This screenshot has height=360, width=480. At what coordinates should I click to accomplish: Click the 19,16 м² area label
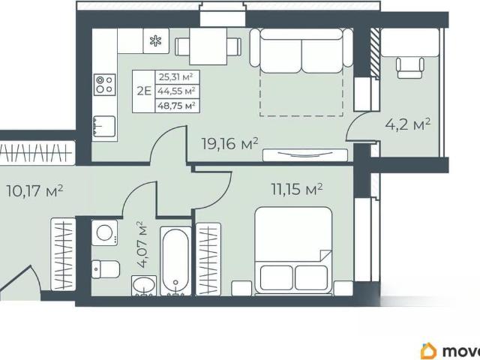(x=230, y=143)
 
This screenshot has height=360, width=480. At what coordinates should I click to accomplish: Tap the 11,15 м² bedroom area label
(x=297, y=189)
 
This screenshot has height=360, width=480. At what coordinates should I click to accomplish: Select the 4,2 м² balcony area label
(x=408, y=124)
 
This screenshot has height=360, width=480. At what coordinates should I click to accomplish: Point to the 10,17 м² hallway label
(x=34, y=191)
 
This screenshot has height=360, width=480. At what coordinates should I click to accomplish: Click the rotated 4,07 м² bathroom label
(x=143, y=245)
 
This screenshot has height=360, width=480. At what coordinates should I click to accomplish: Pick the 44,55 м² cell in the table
(x=177, y=91)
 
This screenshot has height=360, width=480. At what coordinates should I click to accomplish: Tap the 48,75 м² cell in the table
(x=177, y=106)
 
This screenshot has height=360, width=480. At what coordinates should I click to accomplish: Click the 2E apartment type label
(x=144, y=91)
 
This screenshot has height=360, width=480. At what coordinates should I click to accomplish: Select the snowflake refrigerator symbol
(x=155, y=41)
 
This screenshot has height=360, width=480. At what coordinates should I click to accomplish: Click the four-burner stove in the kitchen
(x=105, y=84)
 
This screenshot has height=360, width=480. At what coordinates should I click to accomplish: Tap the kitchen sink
(x=104, y=126)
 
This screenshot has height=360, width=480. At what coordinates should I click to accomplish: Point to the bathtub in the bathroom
(x=175, y=261)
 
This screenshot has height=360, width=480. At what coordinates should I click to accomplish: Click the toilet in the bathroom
(x=106, y=269)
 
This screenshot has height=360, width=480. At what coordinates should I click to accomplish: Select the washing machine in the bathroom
(x=105, y=232)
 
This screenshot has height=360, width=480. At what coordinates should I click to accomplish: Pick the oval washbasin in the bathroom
(x=143, y=286)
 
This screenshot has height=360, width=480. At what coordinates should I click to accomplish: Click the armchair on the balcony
(x=410, y=67)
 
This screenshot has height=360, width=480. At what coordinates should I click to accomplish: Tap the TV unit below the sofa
(x=305, y=155)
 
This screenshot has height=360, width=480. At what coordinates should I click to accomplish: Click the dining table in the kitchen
(x=208, y=46)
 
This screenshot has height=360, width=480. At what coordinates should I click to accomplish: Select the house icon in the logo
(x=428, y=351)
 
